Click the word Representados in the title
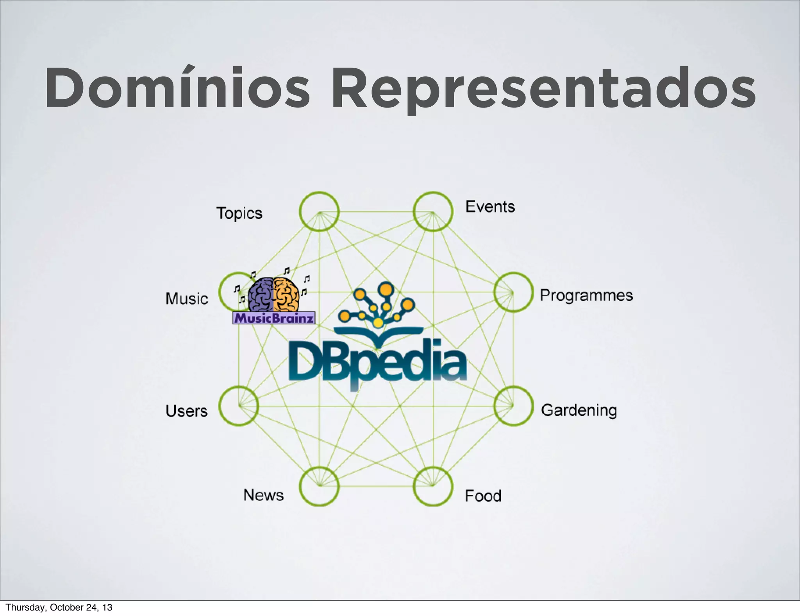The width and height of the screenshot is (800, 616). click(543, 90)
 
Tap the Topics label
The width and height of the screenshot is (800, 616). click(239, 213)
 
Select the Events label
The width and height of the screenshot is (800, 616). click(490, 207)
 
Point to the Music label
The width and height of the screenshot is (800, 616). click(187, 299)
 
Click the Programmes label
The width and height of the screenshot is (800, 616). click(586, 295)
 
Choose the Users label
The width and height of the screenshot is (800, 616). click(187, 411)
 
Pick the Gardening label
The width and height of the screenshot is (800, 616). click(579, 410)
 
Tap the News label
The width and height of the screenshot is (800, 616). click(264, 495)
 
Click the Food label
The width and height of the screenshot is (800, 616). click(483, 496)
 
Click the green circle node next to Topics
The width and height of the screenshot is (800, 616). click(319, 211)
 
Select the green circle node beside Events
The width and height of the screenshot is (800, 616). click(433, 211)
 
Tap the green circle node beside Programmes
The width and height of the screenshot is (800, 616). click(513, 292)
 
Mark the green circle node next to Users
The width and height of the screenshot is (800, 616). click(238, 406)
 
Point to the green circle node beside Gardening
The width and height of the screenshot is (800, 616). click(513, 406)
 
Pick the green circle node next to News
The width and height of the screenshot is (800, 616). click(319, 486)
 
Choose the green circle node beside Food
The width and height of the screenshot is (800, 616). click(433, 486)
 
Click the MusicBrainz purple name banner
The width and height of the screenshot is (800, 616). click(273, 318)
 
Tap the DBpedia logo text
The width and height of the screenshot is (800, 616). click(377, 362)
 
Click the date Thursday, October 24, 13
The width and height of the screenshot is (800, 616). click(59, 607)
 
